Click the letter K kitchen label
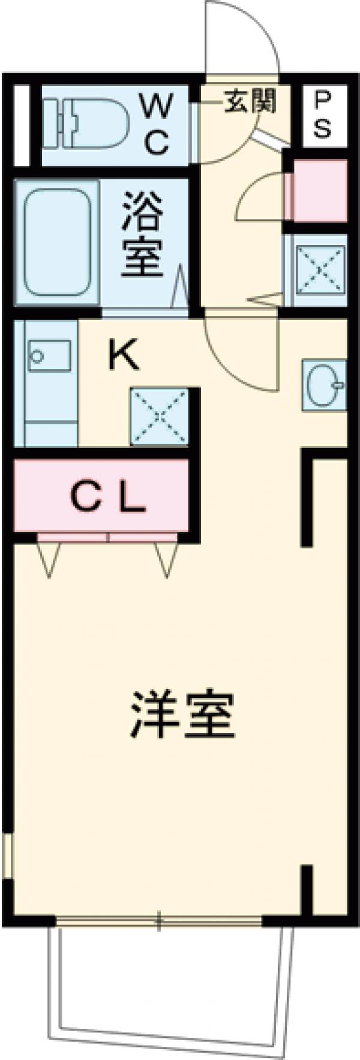tap(124, 356)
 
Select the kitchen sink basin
tap(50, 355)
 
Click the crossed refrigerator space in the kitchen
tap(160, 415)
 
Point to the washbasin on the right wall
tap(324, 385)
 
